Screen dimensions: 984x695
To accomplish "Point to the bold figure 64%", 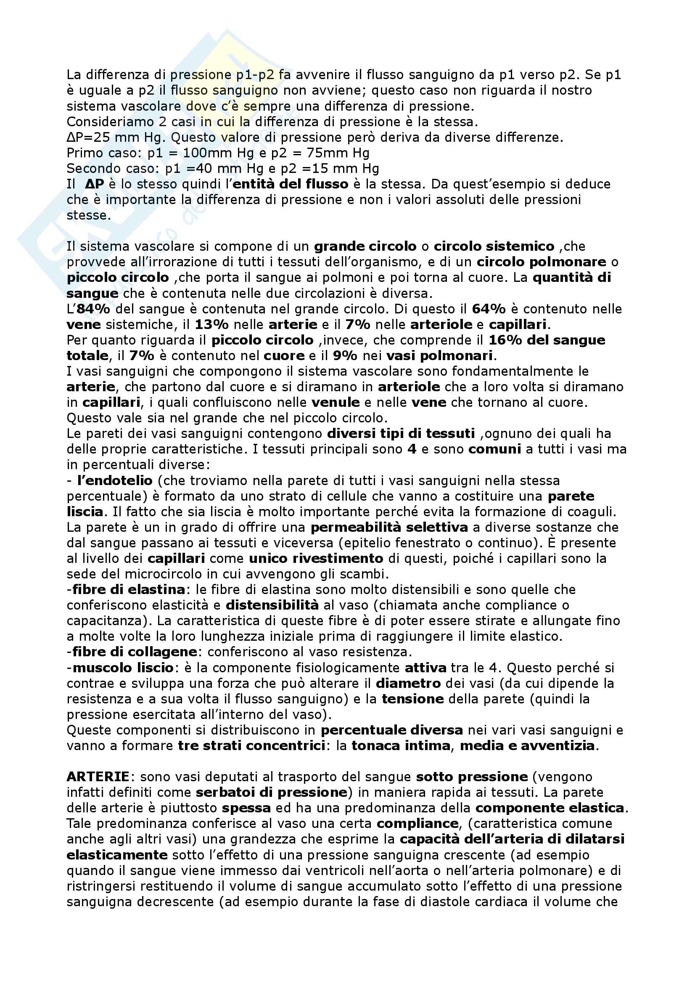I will point(489,309).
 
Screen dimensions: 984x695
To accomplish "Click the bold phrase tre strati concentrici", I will point(252,746).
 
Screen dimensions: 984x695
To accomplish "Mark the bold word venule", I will point(336,403).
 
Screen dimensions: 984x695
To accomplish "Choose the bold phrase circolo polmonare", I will point(542,262).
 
